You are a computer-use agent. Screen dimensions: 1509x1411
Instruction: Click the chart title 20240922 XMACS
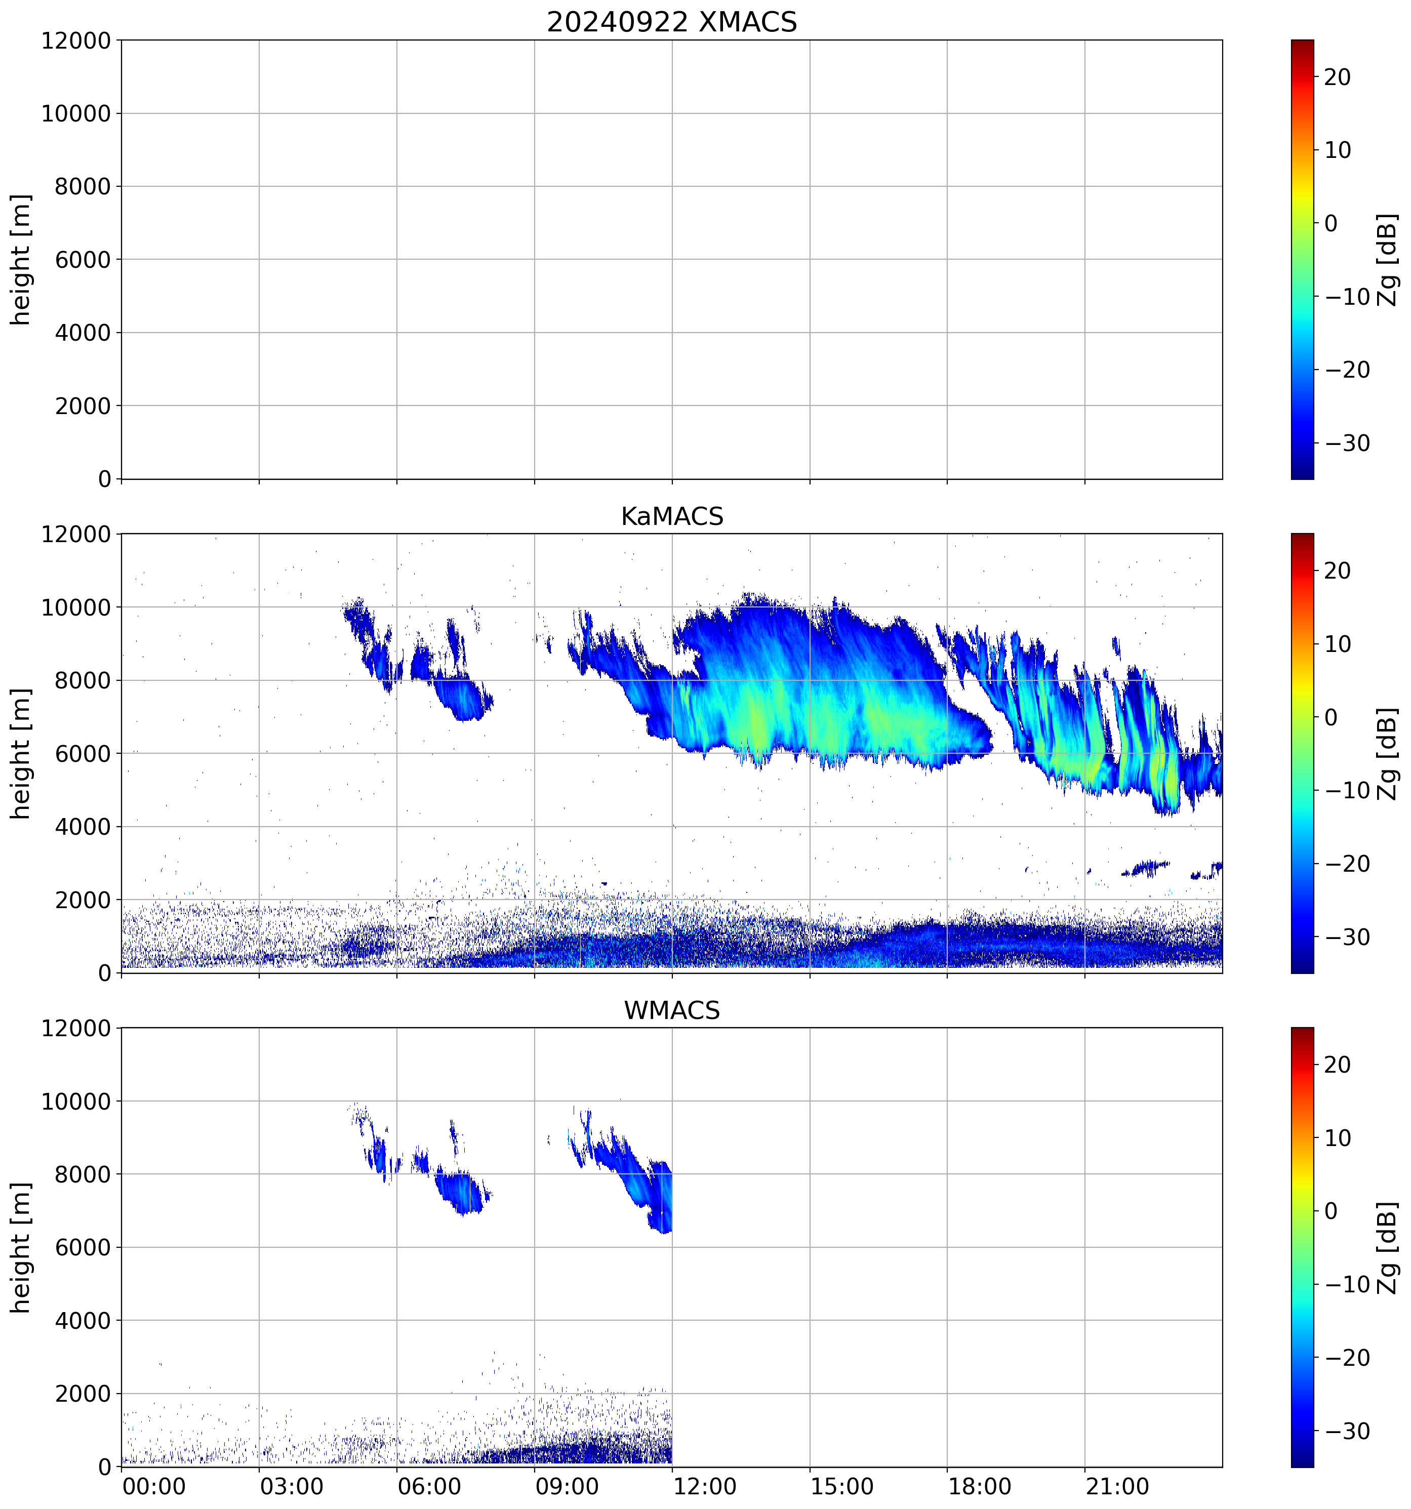(672, 22)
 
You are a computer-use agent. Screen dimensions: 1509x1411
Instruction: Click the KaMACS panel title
(672, 516)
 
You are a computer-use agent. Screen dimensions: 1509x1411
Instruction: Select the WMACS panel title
(672, 1010)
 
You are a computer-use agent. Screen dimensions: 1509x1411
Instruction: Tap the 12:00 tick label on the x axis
(704, 1486)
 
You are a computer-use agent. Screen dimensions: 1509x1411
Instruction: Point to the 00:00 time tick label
(154, 1486)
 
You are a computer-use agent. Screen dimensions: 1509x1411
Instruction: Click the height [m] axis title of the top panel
(20, 260)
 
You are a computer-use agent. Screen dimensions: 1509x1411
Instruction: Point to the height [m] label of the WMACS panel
(20, 1247)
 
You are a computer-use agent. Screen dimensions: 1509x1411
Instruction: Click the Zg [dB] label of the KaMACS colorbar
(1388, 754)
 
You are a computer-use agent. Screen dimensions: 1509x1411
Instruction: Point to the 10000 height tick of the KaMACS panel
(76, 607)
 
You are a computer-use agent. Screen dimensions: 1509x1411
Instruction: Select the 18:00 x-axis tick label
(979, 1486)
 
